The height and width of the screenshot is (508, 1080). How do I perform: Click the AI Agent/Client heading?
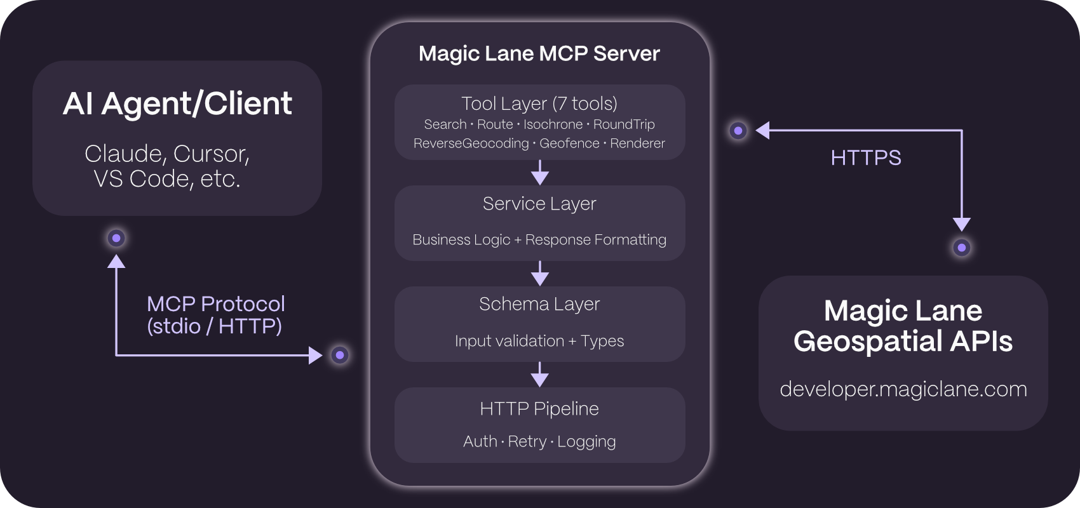tap(177, 104)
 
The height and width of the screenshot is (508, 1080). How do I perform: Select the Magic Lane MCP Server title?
tap(539, 53)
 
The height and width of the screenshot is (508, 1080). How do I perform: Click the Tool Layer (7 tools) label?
tap(539, 103)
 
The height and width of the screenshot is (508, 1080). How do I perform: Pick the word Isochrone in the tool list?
tap(553, 124)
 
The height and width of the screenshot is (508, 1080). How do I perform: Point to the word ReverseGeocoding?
tap(471, 144)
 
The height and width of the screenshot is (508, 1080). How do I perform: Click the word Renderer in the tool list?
tap(637, 144)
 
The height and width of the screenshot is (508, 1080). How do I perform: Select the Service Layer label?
tap(539, 204)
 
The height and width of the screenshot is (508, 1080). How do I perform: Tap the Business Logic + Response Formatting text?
tap(539, 239)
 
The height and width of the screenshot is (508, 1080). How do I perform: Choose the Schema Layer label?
tap(539, 304)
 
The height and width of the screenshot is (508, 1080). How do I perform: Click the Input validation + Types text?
tap(539, 341)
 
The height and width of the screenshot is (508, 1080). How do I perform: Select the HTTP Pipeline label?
tap(539, 408)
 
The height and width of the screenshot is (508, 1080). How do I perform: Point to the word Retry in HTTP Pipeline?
tap(527, 441)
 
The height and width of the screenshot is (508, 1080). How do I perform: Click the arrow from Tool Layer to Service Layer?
tap(539, 172)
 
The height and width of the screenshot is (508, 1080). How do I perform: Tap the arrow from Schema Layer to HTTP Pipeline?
tap(539, 375)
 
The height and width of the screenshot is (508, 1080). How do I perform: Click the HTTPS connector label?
tap(866, 157)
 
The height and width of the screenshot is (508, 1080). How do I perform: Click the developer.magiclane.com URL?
tap(903, 389)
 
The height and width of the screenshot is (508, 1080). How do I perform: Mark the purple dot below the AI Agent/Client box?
tap(116, 238)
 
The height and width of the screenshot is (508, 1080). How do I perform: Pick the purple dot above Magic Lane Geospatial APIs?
tap(962, 248)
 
